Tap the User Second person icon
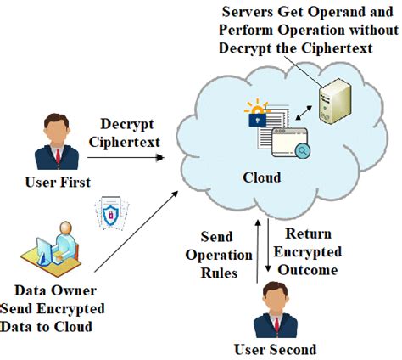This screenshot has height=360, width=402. pyautogui.click(x=274, y=313)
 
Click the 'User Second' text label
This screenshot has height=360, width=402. pyautogui.click(x=274, y=348)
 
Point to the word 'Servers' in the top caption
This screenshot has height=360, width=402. pyautogui.click(x=241, y=12)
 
